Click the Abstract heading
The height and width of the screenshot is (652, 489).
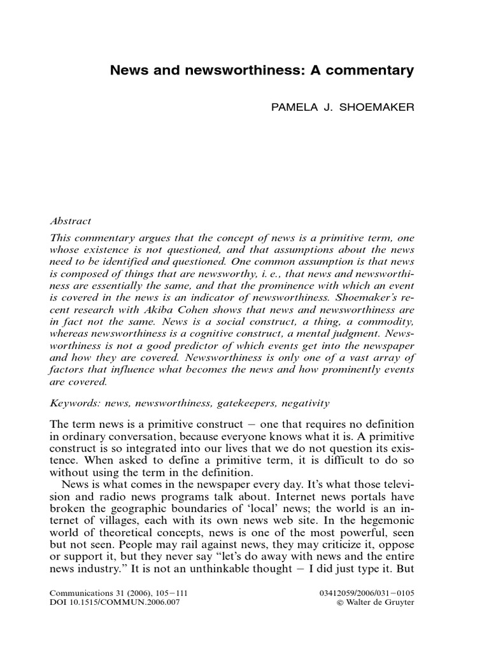coord(70,221)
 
